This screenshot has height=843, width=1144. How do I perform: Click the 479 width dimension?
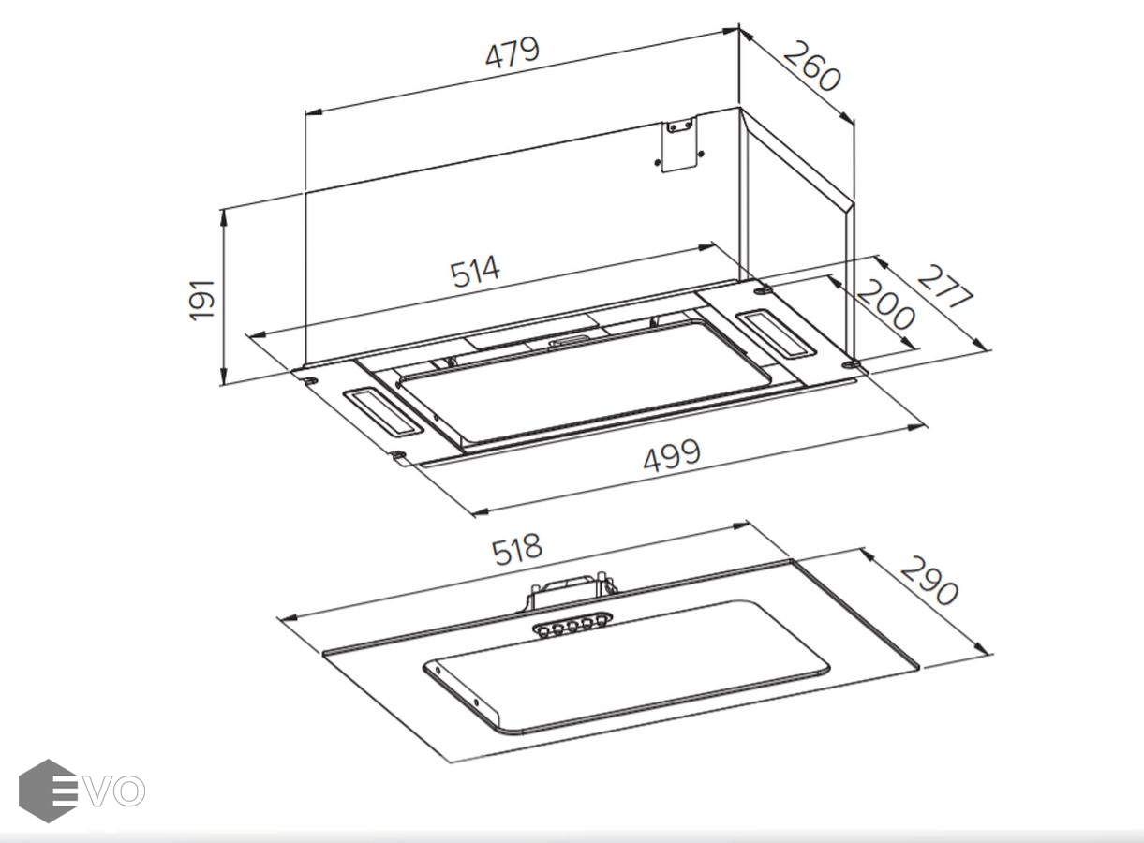click(512, 52)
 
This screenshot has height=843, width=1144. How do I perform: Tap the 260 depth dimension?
click(811, 67)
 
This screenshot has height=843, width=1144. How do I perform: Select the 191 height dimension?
click(201, 301)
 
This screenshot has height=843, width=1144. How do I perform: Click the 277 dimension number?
click(945, 287)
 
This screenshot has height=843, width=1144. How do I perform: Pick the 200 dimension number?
click(885, 304)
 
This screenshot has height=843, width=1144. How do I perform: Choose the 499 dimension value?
click(672, 455)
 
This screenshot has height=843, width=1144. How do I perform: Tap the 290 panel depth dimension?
click(929, 581)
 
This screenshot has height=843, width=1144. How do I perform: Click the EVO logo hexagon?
click(48, 791)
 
